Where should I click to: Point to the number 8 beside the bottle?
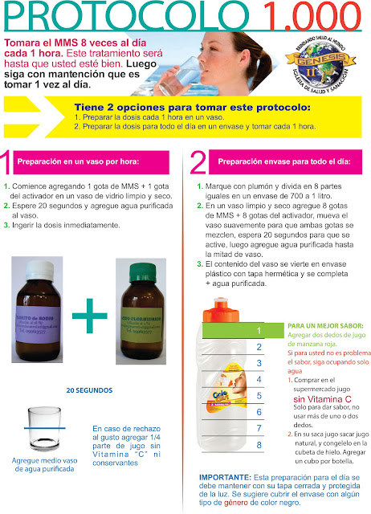pyautogui.click(x=259, y=444)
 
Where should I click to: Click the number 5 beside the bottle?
pyautogui.click(x=259, y=395)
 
